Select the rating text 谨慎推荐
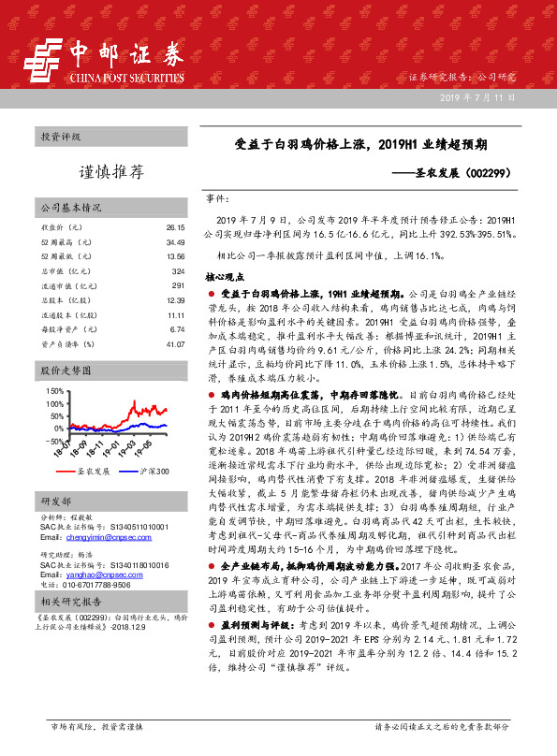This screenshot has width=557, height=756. [x=110, y=172]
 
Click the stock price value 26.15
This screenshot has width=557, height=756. [x=175, y=227]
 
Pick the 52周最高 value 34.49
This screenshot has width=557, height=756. [x=175, y=241]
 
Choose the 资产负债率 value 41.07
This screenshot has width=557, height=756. [x=175, y=343]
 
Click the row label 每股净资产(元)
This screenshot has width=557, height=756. [x=66, y=328]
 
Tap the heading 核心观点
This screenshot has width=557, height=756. [x=224, y=278]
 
